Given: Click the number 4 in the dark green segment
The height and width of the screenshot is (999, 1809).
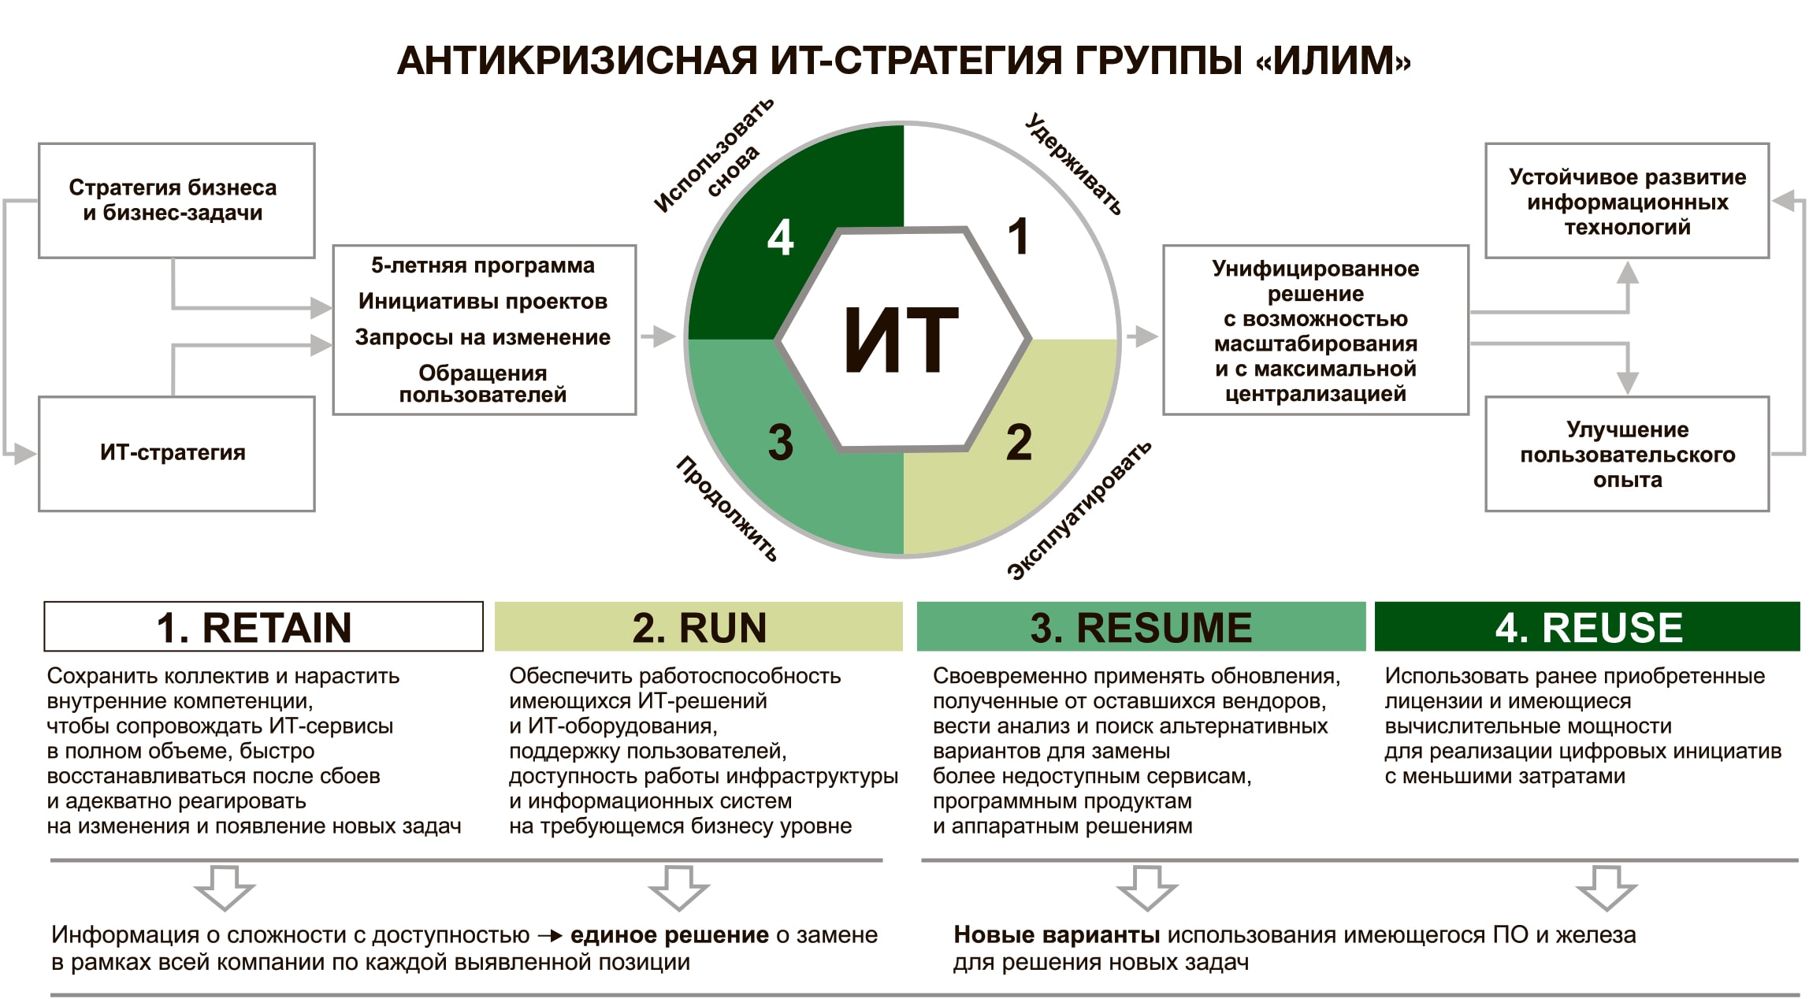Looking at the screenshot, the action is tap(780, 237).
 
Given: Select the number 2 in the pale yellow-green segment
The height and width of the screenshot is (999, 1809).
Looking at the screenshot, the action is tap(1018, 442).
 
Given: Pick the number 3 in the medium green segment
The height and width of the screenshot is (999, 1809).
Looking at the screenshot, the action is tap(780, 442).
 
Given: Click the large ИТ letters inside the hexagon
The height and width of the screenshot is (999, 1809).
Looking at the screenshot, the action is tap(901, 340).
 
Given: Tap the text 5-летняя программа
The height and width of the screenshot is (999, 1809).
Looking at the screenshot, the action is tap(483, 266).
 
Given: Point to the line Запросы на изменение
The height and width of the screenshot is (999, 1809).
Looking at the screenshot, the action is tap(483, 337).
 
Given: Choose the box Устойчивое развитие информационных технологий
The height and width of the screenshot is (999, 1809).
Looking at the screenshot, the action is tap(1627, 201).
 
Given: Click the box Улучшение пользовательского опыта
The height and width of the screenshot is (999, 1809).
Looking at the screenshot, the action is tap(1627, 454).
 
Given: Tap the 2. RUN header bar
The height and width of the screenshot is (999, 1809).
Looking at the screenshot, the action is tap(699, 627).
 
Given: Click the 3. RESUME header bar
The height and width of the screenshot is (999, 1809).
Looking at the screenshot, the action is tap(1141, 627).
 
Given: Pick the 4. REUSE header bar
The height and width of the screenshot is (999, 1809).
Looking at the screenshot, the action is tap(1588, 627).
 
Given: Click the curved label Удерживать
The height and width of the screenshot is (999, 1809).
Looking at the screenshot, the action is tap(1074, 164).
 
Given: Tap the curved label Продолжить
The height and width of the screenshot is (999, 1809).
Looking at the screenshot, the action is tap(726, 509).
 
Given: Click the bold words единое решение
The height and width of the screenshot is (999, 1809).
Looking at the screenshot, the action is tap(669, 935).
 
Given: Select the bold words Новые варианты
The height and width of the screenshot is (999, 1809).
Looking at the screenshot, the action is tap(1056, 935).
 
